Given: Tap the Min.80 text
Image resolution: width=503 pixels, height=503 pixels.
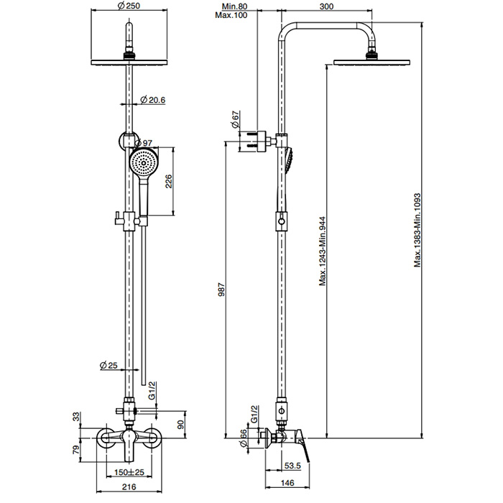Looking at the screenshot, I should coord(236,6).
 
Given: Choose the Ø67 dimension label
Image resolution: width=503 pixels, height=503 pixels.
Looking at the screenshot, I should coord(235,121).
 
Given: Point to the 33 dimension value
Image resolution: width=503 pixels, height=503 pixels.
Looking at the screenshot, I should coord(77,417).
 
